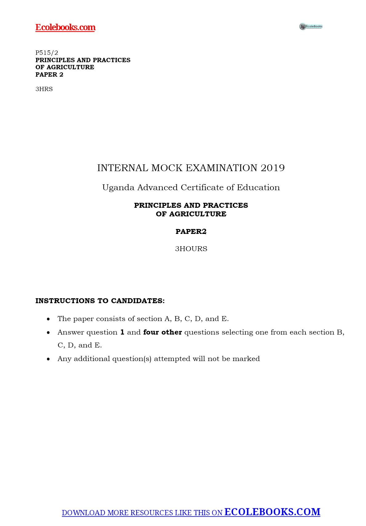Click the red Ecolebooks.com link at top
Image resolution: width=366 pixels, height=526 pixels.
click(x=65, y=27)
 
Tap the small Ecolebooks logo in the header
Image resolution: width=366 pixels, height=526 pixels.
click(x=311, y=26)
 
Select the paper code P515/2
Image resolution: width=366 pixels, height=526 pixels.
click(x=47, y=53)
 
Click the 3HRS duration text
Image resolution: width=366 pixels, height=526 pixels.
click(x=44, y=89)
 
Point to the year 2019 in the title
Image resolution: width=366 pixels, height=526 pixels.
click(x=273, y=168)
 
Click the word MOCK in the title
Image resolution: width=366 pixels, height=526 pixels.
click(x=167, y=168)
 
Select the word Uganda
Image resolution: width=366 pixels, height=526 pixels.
click(x=118, y=187)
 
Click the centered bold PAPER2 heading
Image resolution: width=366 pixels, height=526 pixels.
click(x=191, y=231)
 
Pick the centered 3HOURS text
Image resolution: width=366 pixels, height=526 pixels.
click(x=191, y=249)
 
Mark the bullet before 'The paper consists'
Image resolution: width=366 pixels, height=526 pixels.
click(x=48, y=319)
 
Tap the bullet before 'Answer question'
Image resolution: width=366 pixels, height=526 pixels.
click(x=48, y=333)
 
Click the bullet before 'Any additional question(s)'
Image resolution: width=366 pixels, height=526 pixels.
click(x=48, y=359)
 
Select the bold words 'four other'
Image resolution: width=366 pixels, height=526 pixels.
click(x=162, y=332)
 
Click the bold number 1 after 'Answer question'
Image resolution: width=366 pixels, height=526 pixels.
click(x=122, y=332)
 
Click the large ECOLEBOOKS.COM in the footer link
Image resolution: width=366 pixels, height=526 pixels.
click(x=272, y=512)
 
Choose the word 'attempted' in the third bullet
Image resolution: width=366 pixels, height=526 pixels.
click(x=172, y=359)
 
